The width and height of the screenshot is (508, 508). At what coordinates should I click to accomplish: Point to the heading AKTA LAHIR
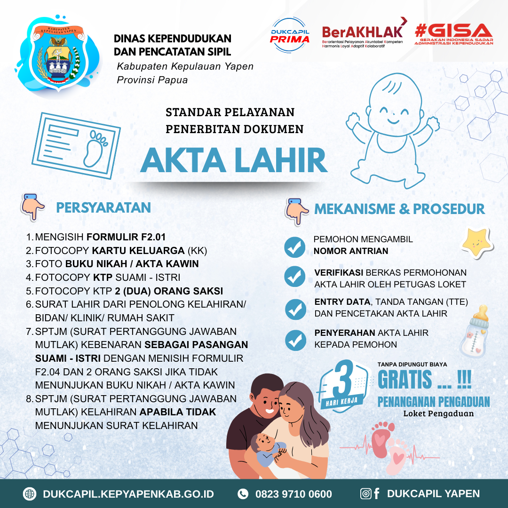tap(234, 160)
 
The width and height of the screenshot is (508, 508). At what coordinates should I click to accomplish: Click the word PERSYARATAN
tap(103, 208)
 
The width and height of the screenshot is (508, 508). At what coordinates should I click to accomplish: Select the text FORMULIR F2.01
tap(126, 237)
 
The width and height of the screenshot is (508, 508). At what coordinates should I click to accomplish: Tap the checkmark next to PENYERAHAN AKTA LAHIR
tap(295, 340)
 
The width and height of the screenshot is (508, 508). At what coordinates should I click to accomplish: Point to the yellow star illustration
tap(476, 243)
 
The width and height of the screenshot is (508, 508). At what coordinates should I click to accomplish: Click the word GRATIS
tap(405, 380)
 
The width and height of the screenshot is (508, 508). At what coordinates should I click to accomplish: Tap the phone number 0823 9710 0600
tap(294, 494)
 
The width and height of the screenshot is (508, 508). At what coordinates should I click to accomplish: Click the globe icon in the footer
tap(30, 494)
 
